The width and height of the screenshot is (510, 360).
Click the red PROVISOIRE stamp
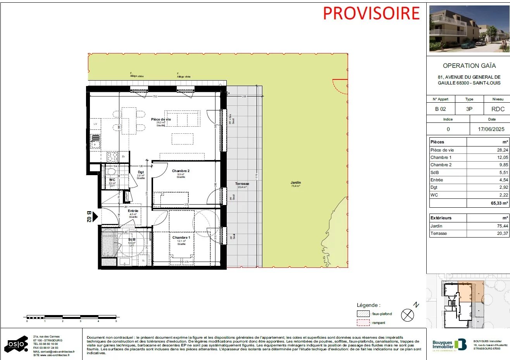coord(371,13)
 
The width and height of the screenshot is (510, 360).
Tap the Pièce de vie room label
coord(161,119)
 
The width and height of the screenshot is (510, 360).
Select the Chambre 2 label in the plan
coord(181,171)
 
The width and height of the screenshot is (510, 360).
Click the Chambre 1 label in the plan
coord(181,238)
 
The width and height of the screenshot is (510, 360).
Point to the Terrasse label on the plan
coord(242,184)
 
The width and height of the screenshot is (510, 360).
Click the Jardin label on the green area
coord(296,183)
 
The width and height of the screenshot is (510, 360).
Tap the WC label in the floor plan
coord(112,180)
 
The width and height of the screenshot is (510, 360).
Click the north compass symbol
coord(407,315)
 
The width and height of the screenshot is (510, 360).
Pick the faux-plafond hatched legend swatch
coord(363,314)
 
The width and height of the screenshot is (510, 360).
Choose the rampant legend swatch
coord(363,322)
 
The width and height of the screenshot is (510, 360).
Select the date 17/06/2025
coord(491,129)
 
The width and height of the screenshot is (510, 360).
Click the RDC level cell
coord(498,109)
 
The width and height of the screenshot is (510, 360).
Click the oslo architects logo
coord(16,344)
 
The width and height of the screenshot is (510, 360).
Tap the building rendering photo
coord(469,29)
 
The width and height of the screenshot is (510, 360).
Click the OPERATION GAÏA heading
coord(469,66)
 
